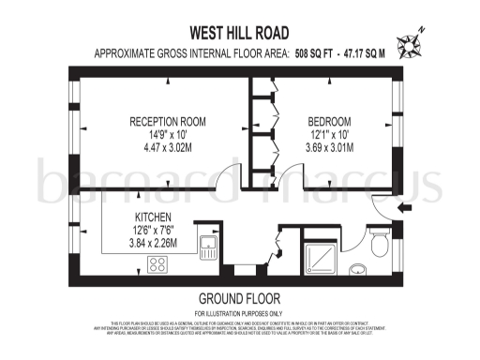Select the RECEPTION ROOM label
(168, 122)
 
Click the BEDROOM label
(330, 122)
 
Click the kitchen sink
(208, 248)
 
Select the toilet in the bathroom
(380, 246)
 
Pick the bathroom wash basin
(358, 271)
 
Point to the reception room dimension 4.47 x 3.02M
(168, 147)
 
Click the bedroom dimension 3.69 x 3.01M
(330, 147)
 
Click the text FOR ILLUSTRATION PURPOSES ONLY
(239, 312)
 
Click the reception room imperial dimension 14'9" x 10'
(168, 135)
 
